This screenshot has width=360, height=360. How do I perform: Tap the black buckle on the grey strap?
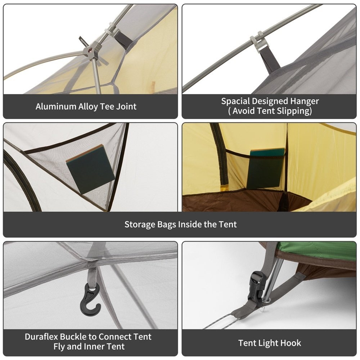pos(257,288)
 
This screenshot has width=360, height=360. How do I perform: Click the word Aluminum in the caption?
pos(55,107)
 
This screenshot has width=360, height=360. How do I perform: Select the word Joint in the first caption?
pos(126,107)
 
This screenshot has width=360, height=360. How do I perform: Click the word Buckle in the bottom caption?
pos(73,337)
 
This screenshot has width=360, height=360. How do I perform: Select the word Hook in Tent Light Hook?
pos(291,343)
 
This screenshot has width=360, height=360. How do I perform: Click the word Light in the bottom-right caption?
pos(268,343)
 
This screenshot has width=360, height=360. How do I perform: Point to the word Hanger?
pos(305,101)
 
